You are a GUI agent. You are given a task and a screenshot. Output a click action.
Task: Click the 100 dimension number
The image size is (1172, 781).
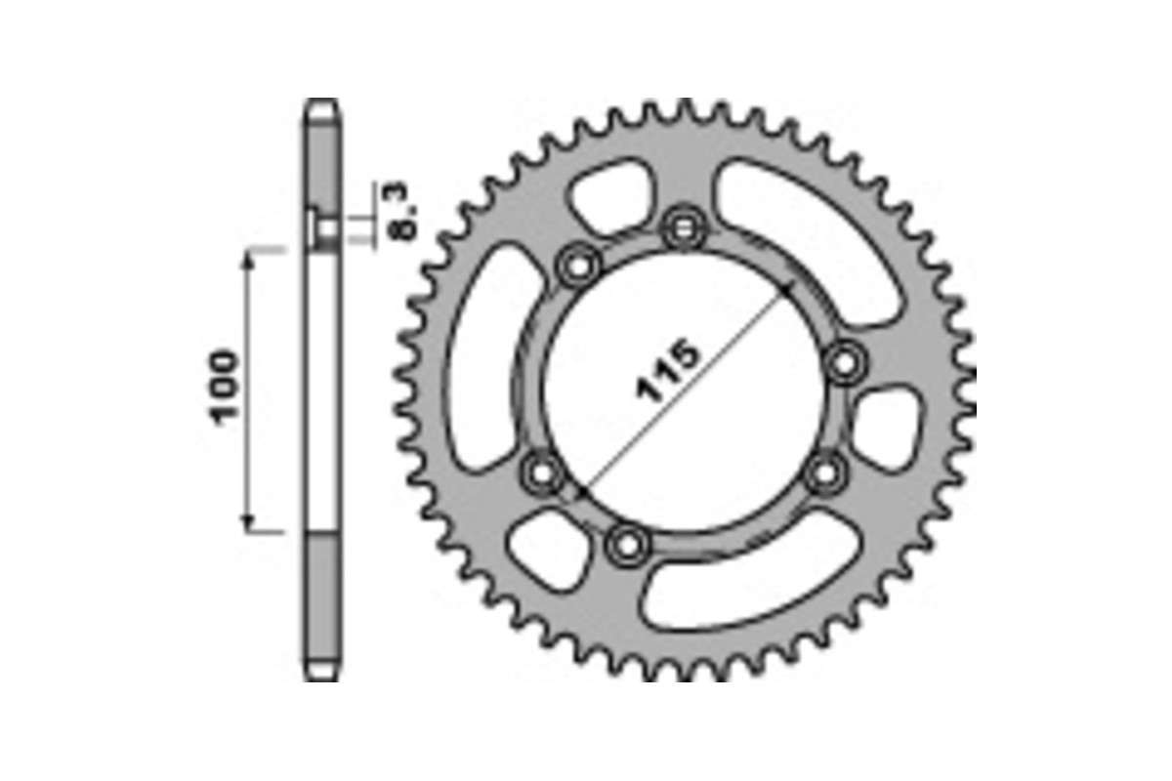(x=223, y=386)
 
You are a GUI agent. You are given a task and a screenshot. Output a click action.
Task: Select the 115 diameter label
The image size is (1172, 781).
(x=669, y=371)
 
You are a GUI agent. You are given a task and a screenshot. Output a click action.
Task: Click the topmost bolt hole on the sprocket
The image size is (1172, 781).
(x=682, y=229)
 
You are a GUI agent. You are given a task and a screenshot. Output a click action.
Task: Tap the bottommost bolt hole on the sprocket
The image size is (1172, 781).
(x=626, y=544)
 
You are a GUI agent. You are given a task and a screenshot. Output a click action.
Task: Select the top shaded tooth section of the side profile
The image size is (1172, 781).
(x=323, y=156)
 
